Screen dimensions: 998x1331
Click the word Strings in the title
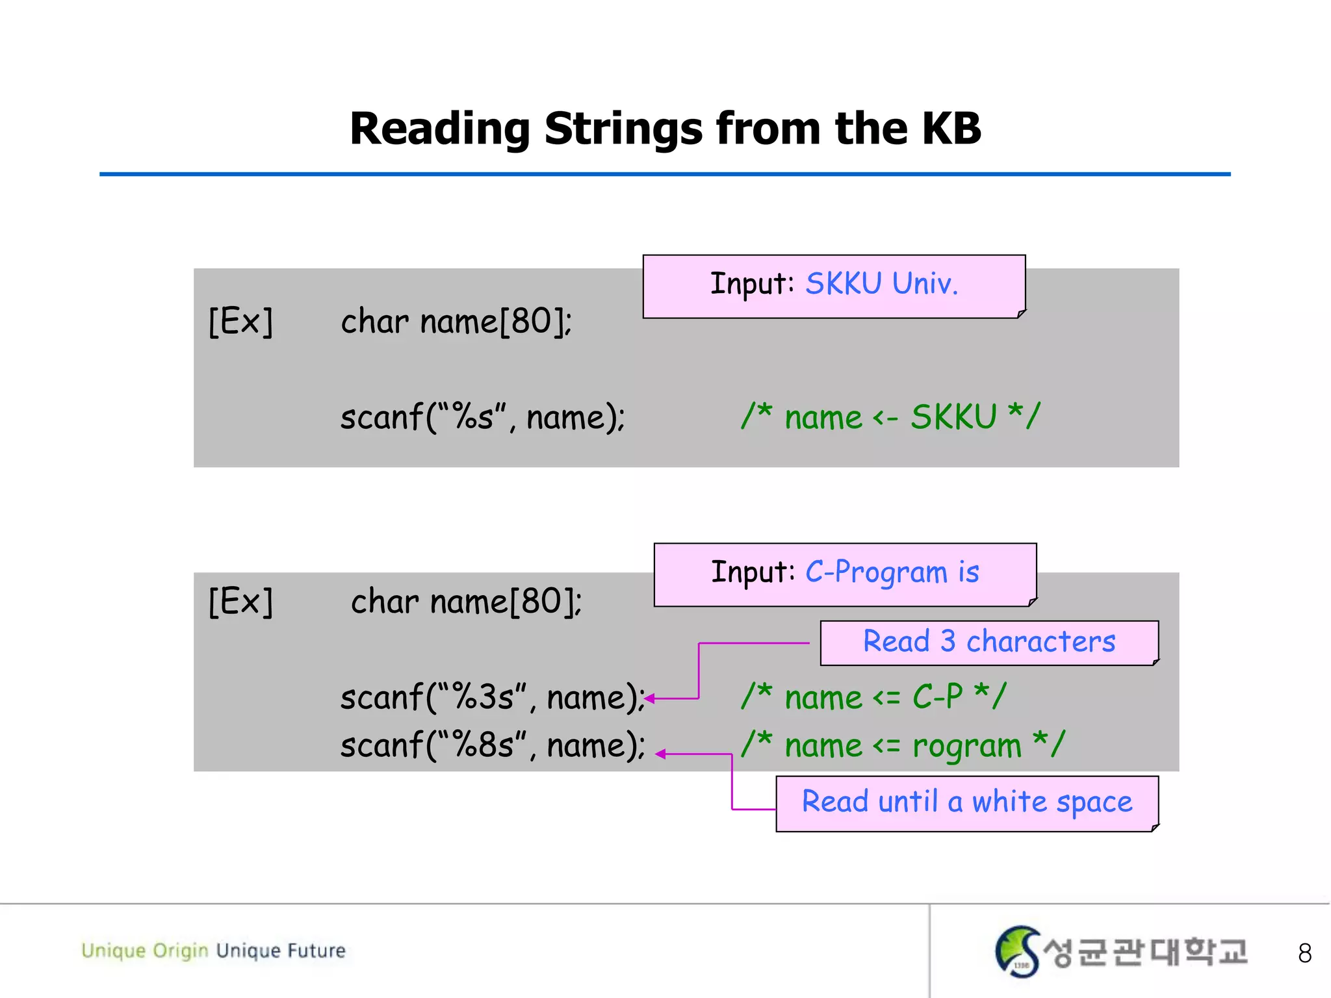click(623, 129)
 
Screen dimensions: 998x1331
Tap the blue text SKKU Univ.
click(881, 284)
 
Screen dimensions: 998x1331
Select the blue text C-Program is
click(892, 572)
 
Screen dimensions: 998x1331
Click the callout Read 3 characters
click(989, 642)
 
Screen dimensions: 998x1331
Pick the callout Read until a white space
click(966, 802)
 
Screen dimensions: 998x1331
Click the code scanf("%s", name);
click(482, 417)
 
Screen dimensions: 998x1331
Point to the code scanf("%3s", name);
click(492, 697)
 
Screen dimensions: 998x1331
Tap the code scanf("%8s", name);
click(492, 745)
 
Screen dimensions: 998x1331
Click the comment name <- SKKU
click(890, 417)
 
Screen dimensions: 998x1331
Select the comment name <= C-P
click(873, 697)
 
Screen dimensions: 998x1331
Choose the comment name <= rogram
click(903, 745)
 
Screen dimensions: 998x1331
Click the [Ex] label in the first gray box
click(240, 322)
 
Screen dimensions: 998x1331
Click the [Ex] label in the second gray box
click(240, 602)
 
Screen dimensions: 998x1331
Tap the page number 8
click(1304, 953)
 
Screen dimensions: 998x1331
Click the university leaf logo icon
click(1017, 951)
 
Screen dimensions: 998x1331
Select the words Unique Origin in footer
click(144, 951)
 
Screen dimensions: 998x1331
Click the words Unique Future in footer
click(281, 951)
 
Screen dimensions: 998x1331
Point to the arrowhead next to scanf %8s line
click(660, 754)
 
